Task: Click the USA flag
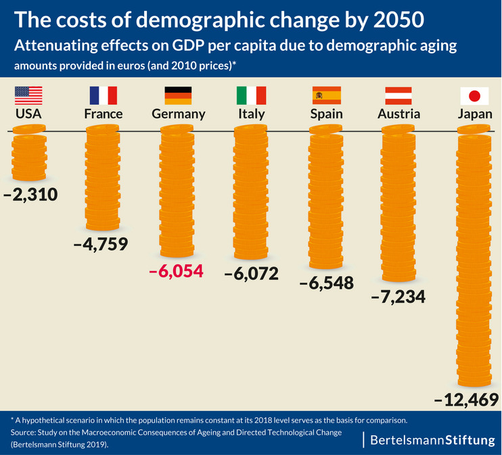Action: (28, 95)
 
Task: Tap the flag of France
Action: (103, 95)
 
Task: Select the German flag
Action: (178, 95)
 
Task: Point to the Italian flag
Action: (251, 95)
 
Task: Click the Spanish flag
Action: (326, 95)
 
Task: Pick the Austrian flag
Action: (398, 95)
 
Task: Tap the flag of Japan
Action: (474, 95)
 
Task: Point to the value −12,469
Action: (466, 399)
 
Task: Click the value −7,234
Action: (398, 295)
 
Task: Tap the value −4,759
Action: (101, 243)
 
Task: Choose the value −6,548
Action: (326, 283)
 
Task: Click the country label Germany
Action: (178, 114)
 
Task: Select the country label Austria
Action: (398, 114)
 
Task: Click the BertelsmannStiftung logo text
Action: (433, 440)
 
